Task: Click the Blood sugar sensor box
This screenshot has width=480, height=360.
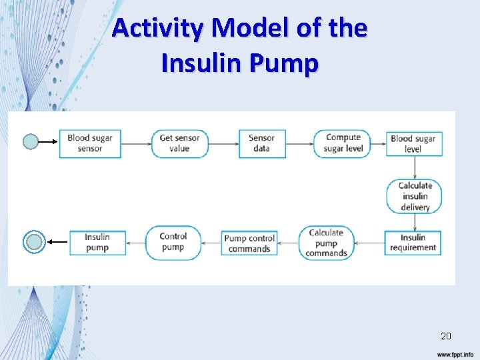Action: coord(90,143)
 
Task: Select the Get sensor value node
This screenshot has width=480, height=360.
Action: coord(179,143)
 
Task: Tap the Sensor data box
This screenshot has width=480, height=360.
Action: coord(262,143)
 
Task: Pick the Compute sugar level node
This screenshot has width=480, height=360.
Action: coord(343,143)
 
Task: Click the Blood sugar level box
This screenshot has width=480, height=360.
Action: coord(413,144)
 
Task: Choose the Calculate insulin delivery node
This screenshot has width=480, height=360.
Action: coord(414,197)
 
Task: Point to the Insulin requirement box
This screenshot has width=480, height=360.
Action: coord(413,243)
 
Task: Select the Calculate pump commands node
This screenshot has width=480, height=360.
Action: coord(326,243)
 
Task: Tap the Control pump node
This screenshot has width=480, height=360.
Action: coord(173,242)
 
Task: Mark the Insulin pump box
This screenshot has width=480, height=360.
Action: coord(97,243)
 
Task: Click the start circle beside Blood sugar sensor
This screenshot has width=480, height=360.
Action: coord(31,142)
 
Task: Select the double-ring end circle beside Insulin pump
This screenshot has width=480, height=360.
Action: coord(35,243)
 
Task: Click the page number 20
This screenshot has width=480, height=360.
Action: coord(445,336)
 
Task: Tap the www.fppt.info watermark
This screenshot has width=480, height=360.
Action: coord(455,355)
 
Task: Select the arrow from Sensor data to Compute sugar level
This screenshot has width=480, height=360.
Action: coord(299,143)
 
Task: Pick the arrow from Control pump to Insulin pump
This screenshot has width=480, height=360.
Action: coord(135,243)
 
